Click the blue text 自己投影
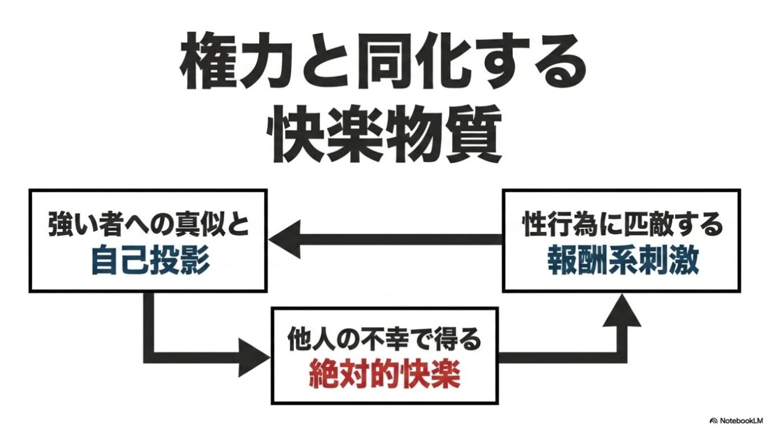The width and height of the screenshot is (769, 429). pos(150,261)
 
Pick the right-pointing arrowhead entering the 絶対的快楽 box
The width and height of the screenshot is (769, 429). pos(253,358)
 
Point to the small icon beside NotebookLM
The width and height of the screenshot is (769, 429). pos(714,420)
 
